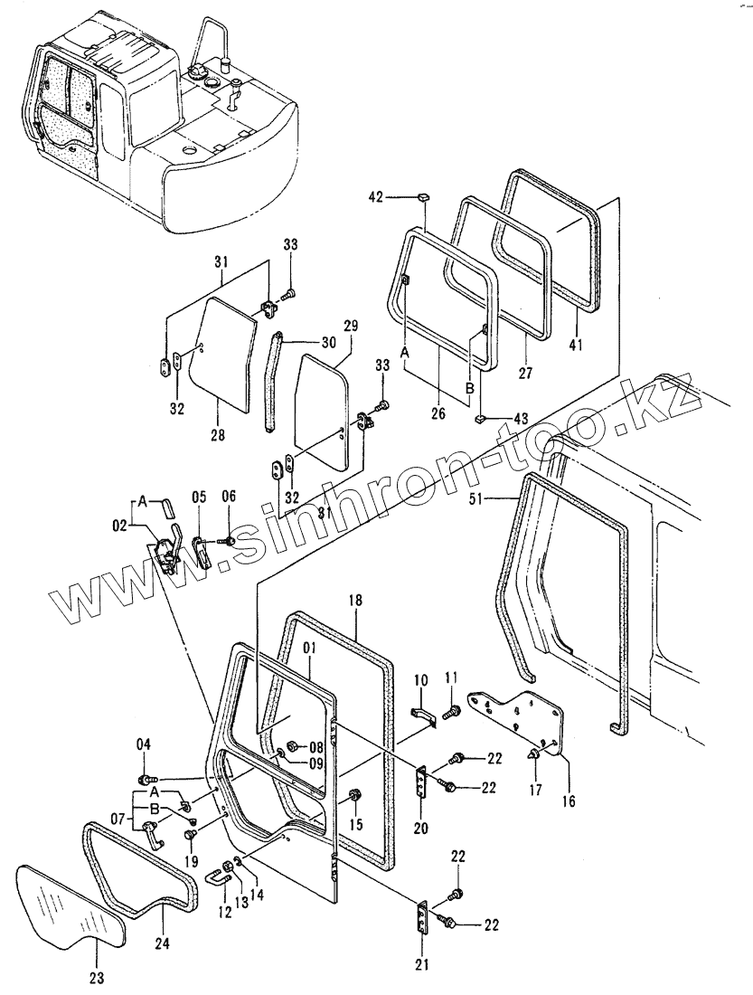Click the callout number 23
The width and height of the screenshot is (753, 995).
(x=97, y=977)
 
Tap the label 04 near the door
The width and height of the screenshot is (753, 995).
(x=144, y=744)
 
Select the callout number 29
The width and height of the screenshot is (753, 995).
(x=352, y=325)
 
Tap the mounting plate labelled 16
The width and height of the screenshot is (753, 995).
(x=521, y=719)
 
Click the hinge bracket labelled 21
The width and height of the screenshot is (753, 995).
(x=423, y=919)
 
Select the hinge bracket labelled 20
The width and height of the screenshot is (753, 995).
(x=420, y=782)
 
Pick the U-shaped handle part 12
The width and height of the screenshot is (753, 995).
(x=216, y=877)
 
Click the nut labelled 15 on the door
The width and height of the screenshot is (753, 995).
(x=354, y=797)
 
